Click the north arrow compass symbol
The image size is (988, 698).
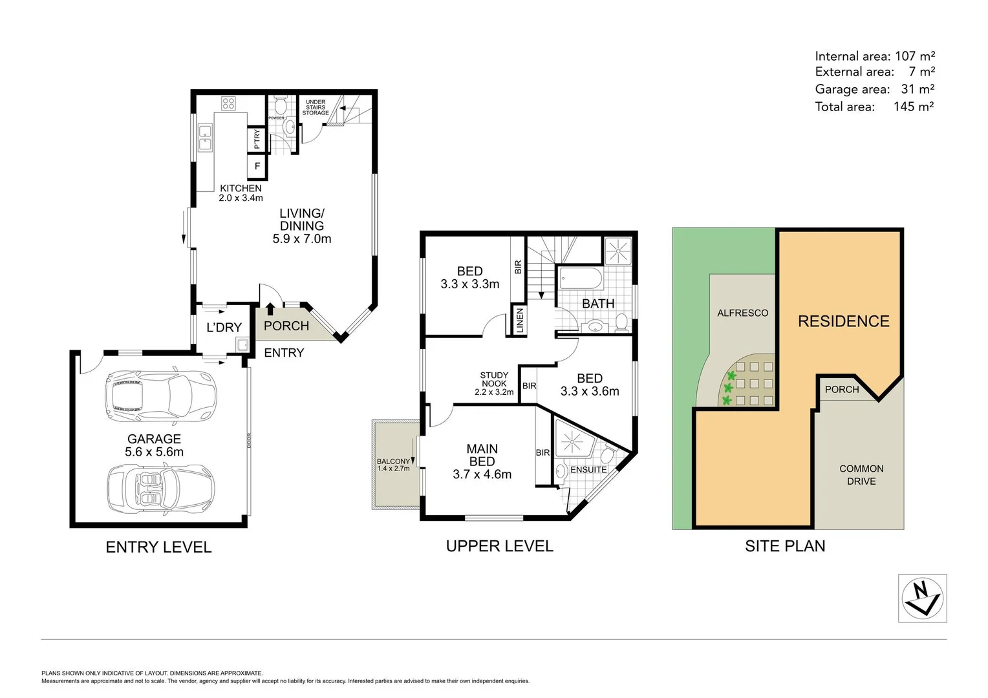[x=922, y=598]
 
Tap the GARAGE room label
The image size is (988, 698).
[x=154, y=439]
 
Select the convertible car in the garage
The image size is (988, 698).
[x=160, y=489]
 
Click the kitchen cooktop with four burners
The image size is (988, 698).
[x=228, y=103]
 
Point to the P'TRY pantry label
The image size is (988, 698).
[x=257, y=139]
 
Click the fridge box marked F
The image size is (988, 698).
[x=257, y=166]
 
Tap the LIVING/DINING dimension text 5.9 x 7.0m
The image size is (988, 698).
[x=301, y=239]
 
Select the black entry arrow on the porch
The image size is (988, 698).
[x=270, y=309]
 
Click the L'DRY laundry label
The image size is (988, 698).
[x=224, y=328]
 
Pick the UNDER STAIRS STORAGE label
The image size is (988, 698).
[x=316, y=107]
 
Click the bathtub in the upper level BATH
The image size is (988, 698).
[x=580, y=279]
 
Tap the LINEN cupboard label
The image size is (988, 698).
[x=520, y=321]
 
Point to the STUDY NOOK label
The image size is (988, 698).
[x=494, y=379]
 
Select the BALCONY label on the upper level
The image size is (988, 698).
[x=393, y=461]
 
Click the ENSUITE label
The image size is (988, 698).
[x=588, y=470]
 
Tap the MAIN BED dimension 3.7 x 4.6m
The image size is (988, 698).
[x=482, y=474]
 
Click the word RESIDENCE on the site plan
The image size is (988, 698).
[x=843, y=321]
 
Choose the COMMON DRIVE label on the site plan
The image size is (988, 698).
[x=861, y=475]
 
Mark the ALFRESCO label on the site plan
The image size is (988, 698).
[x=742, y=313]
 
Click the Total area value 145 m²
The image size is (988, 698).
[x=913, y=107]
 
